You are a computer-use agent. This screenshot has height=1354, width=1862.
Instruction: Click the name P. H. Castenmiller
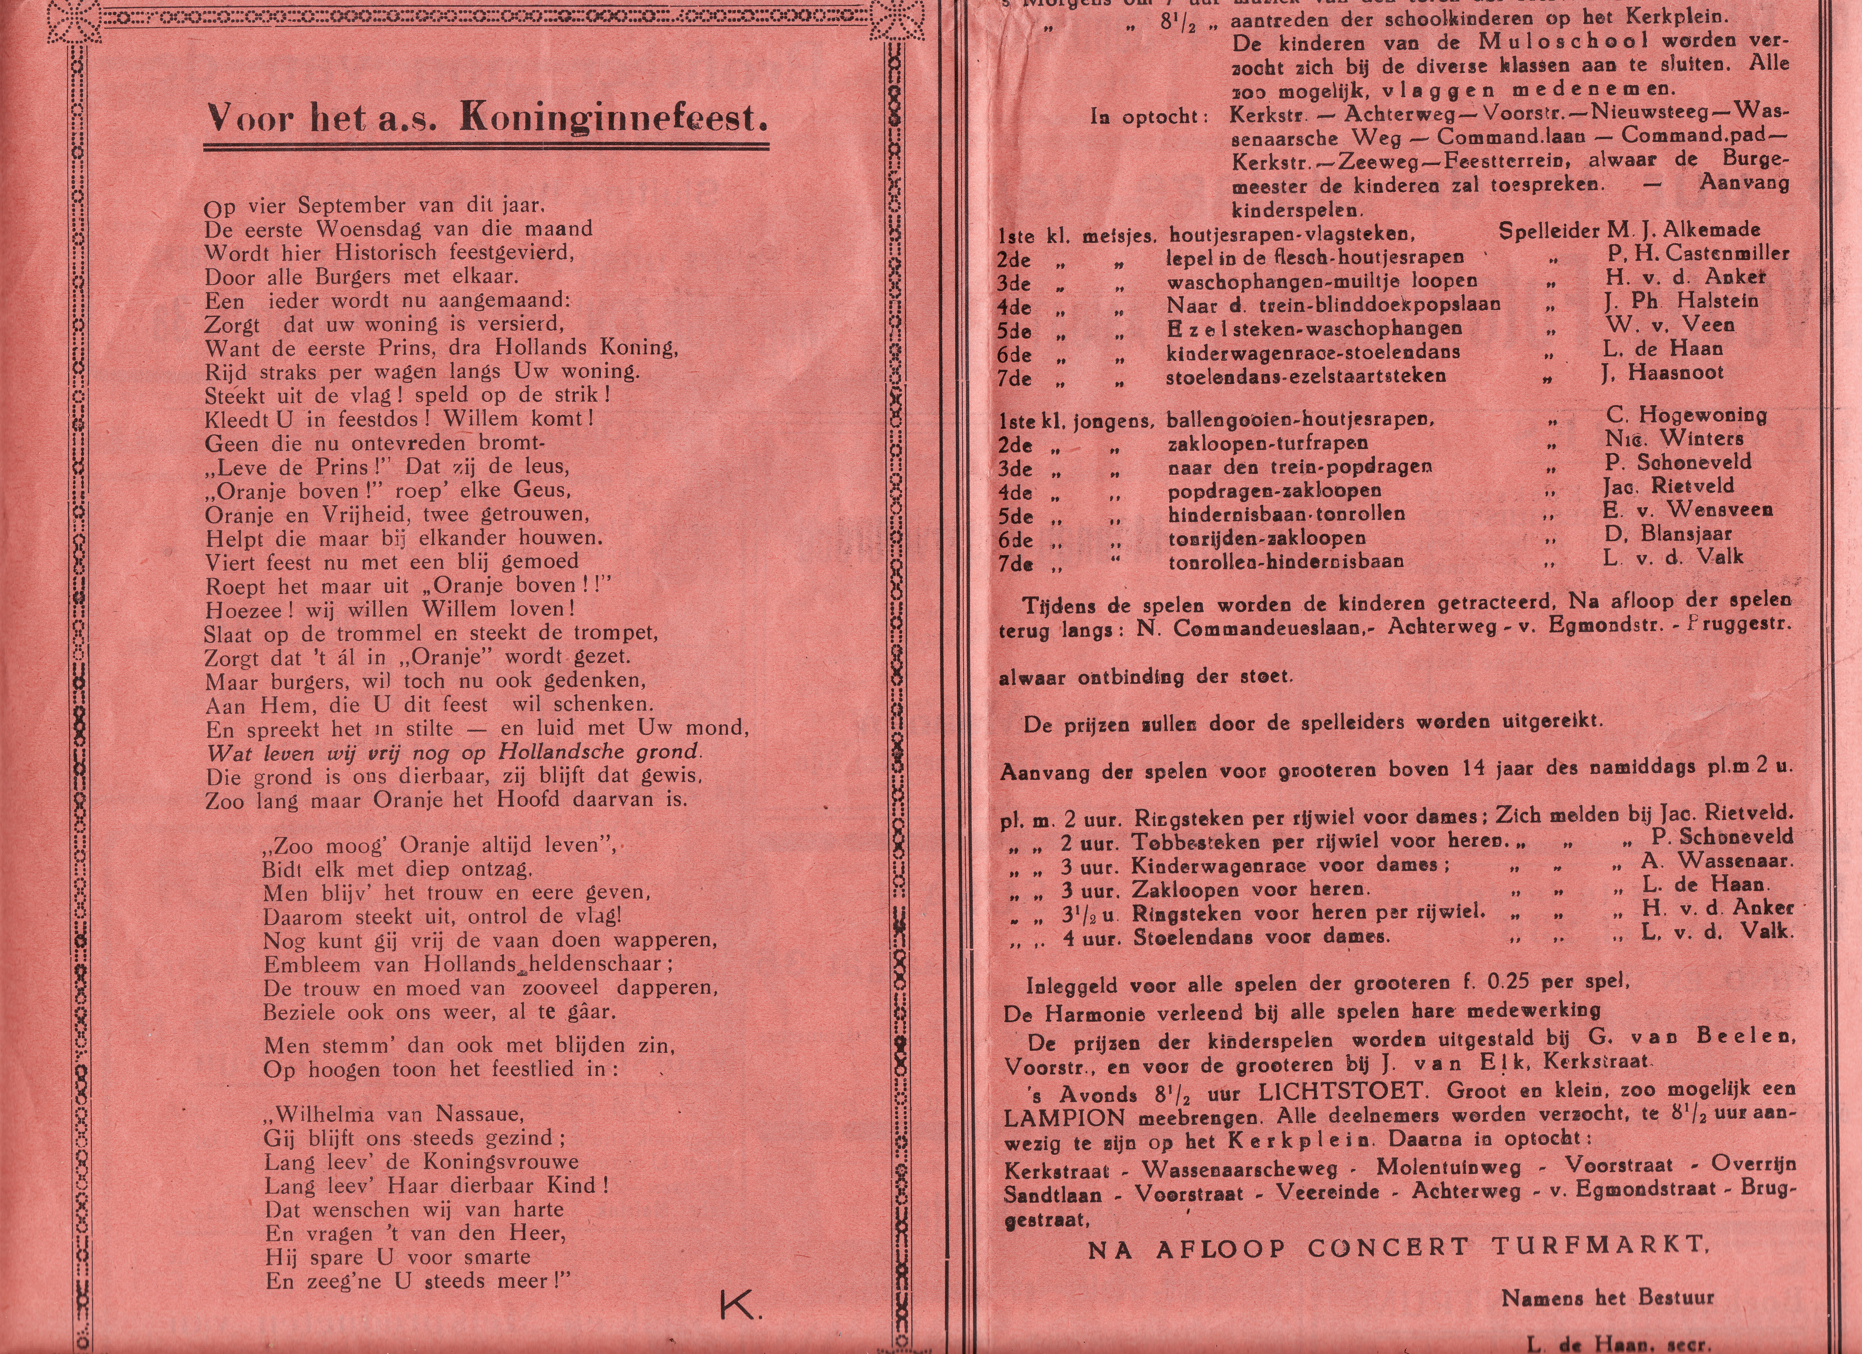tap(1697, 255)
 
